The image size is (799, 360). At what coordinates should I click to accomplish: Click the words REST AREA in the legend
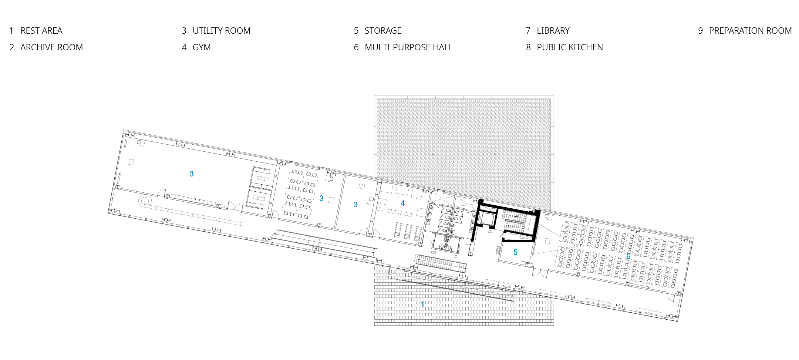pyautogui.click(x=41, y=31)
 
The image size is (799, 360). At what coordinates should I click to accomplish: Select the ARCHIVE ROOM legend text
pyautogui.click(x=51, y=47)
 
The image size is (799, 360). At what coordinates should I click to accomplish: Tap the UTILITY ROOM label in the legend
pyautogui.click(x=221, y=31)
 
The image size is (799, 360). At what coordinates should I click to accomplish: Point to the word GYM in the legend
pyautogui.click(x=202, y=47)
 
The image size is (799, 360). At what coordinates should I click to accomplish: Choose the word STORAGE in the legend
pyautogui.click(x=383, y=31)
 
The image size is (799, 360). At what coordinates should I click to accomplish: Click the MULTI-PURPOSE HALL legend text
pyautogui.click(x=409, y=47)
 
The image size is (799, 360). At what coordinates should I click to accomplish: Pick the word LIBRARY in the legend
pyautogui.click(x=553, y=31)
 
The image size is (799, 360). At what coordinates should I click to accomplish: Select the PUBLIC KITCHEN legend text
pyautogui.click(x=570, y=47)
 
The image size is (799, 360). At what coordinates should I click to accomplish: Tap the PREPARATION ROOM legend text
pyautogui.click(x=750, y=31)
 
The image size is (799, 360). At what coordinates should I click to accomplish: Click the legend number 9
pyautogui.click(x=700, y=31)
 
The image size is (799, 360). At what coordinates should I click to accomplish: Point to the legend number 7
pyautogui.click(x=528, y=31)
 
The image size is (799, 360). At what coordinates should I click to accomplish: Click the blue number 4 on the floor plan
pyautogui.click(x=403, y=203)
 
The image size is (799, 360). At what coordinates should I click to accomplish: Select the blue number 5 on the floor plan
pyautogui.click(x=515, y=252)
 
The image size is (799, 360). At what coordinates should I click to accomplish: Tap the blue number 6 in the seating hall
pyautogui.click(x=628, y=256)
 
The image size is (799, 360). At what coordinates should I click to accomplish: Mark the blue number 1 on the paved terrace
pyautogui.click(x=422, y=304)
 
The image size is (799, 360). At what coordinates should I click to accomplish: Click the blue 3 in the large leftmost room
pyautogui.click(x=192, y=174)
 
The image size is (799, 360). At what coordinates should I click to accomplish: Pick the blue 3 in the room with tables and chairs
pyautogui.click(x=321, y=198)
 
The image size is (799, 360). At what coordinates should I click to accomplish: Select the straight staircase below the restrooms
pyautogui.click(x=441, y=263)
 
